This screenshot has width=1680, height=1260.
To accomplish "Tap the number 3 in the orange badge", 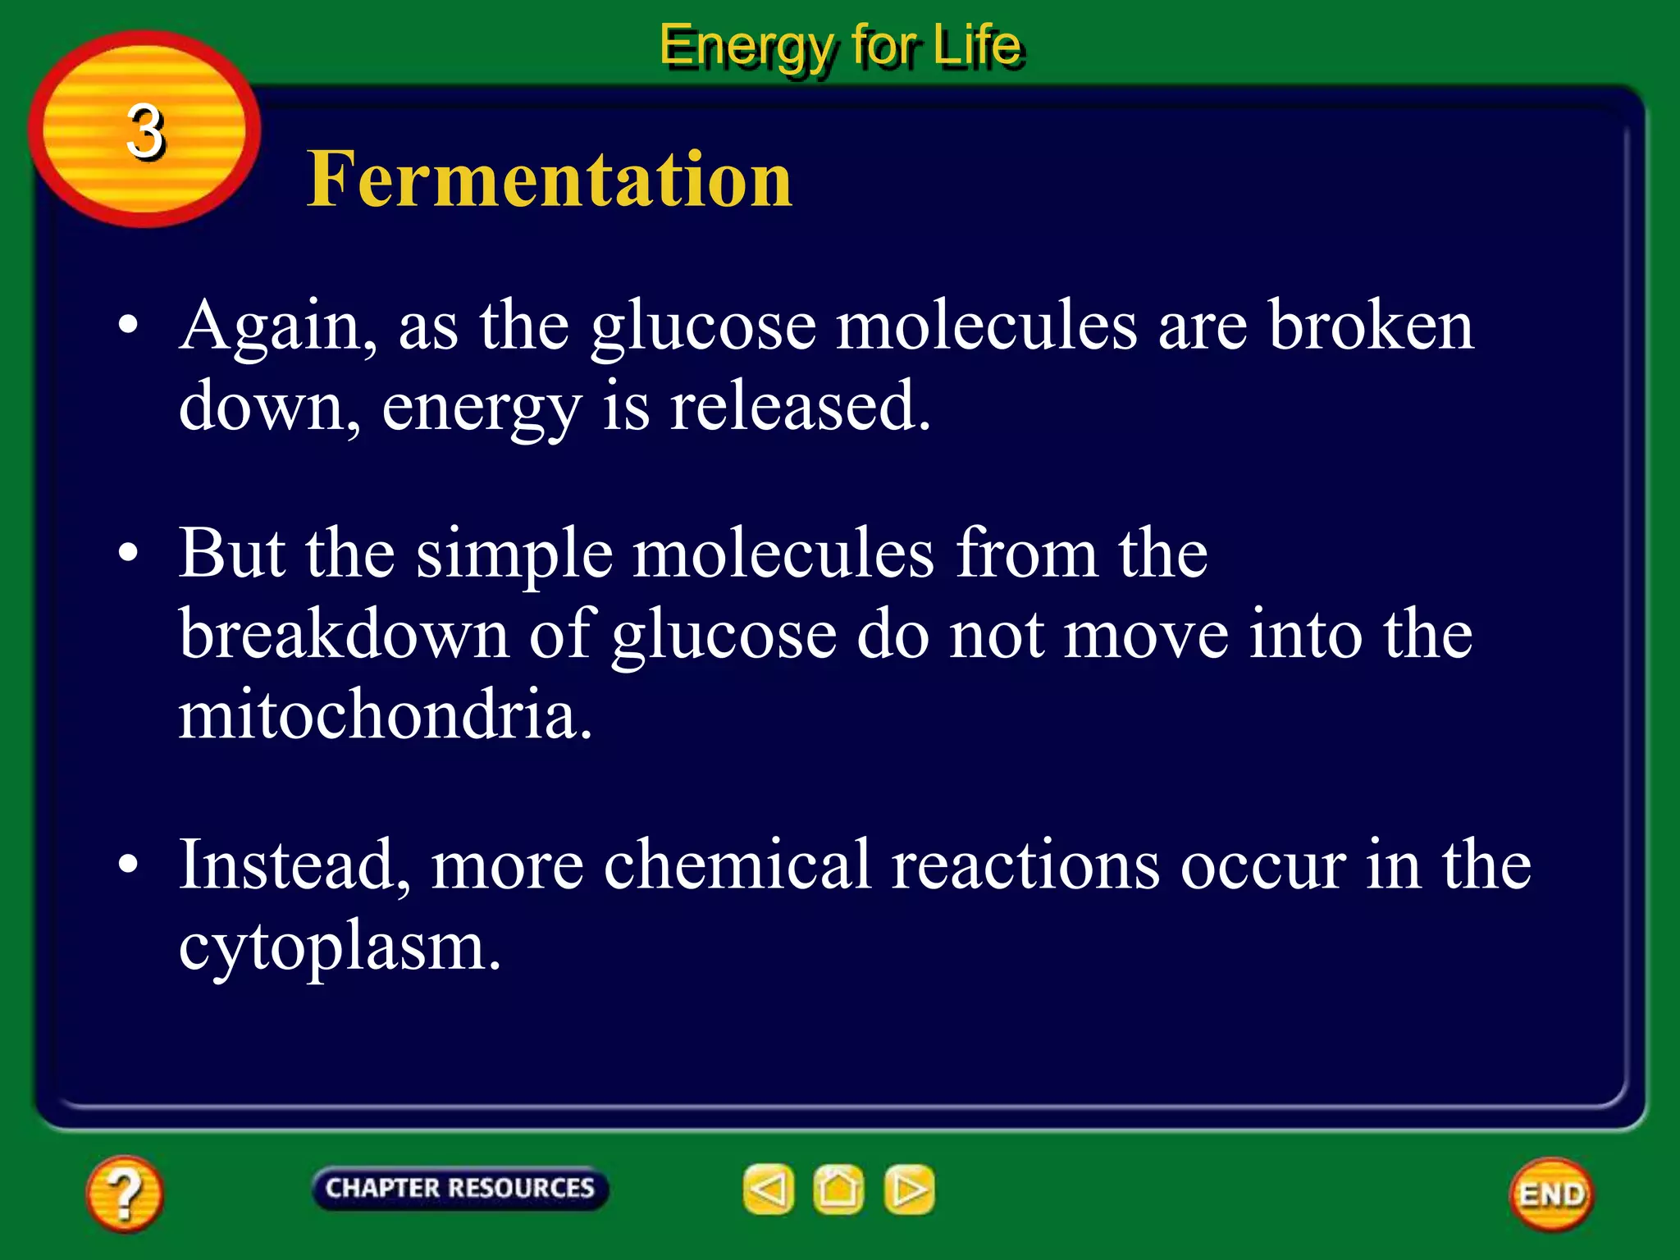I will click(146, 131).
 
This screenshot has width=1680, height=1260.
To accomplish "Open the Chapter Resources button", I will click(459, 1188).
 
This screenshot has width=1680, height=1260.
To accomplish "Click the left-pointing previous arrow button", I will click(769, 1189).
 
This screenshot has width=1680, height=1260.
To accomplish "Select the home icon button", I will click(838, 1189).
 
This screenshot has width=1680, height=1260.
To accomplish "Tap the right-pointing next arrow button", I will click(909, 1189).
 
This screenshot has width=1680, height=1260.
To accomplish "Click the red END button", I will click(1551, 1194).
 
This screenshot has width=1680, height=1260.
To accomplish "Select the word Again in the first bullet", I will click(271, 326).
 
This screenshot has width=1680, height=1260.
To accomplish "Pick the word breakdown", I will click(345, 633).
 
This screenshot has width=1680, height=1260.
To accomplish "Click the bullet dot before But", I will click(128, 554).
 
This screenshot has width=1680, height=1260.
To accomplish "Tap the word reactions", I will click(1025, 865).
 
